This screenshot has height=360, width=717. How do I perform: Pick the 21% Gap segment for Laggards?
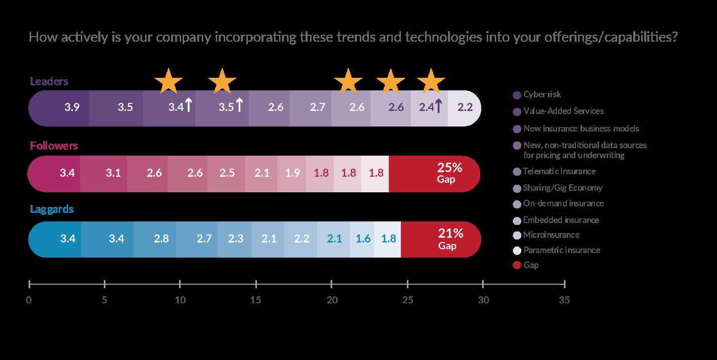[441, 238]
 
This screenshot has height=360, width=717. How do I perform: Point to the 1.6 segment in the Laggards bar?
[362, 239]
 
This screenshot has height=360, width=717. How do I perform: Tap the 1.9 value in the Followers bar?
[293, 173]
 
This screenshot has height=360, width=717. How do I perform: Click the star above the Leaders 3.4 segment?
[169, 81]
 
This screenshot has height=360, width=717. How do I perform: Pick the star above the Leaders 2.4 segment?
[431, 81]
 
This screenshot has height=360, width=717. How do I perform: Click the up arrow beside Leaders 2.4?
[438, 106]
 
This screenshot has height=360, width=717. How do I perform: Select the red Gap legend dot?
[517, 265]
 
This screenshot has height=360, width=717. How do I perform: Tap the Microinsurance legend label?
[551, 235]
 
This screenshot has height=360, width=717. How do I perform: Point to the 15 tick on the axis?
[256, 285]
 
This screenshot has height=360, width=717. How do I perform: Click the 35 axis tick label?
[564, 300]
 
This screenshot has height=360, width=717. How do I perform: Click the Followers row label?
[54, 146]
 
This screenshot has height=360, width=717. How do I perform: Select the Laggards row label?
[52, 209]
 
